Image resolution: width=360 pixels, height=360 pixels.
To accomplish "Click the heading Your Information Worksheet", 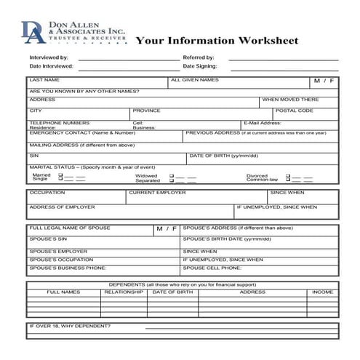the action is [217, 41].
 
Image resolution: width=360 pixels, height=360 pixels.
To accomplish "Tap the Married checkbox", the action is [60, 175].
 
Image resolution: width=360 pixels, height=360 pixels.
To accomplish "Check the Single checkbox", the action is [60, 180].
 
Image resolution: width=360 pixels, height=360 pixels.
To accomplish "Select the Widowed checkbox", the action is [172, 175].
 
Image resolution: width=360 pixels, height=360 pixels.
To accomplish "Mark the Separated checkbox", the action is [172, 180].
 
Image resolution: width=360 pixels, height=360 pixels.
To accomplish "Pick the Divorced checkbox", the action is [288, 175].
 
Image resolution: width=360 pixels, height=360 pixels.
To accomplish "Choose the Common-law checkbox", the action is [288, 180].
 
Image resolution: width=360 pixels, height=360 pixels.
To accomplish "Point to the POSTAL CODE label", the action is [295, 111].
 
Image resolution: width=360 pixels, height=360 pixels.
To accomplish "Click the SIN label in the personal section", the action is [33, 156].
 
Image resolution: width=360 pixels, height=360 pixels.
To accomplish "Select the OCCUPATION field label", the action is [47, 193].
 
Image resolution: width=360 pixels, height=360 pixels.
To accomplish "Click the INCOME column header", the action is [323, 292].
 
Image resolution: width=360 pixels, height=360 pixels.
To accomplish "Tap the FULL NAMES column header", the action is [63, 292].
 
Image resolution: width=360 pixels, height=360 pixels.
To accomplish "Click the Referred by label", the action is [199, 57].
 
